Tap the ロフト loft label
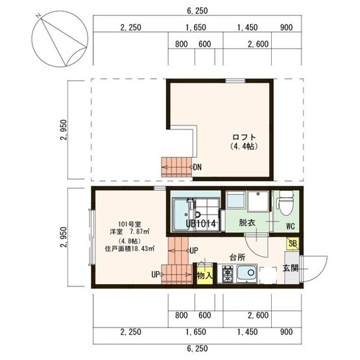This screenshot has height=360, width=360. pos(244,137)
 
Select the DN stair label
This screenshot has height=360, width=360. pos(197,167)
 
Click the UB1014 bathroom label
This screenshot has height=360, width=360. pos(200,223)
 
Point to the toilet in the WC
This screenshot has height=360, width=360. pos(286,202)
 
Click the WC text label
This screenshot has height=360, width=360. pos(291,226)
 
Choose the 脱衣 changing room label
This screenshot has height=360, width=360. pos(247,222)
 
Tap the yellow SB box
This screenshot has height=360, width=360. pos(293,243)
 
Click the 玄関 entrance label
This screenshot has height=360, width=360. pos(291,268)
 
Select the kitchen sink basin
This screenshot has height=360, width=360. pos(247,273)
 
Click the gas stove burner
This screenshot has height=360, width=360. pos(228,274)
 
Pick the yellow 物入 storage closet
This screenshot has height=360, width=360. pos(204,274)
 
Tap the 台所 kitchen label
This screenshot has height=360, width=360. pos(237,258)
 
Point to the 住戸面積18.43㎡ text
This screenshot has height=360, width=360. pos(130,248)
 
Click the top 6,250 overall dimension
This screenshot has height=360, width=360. pos(197,11)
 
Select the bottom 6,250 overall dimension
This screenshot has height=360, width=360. pos(197,348)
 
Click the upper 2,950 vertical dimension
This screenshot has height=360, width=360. pos(63,130)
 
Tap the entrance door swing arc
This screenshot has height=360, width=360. pos(322,272)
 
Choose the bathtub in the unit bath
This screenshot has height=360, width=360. pos(181,215)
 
